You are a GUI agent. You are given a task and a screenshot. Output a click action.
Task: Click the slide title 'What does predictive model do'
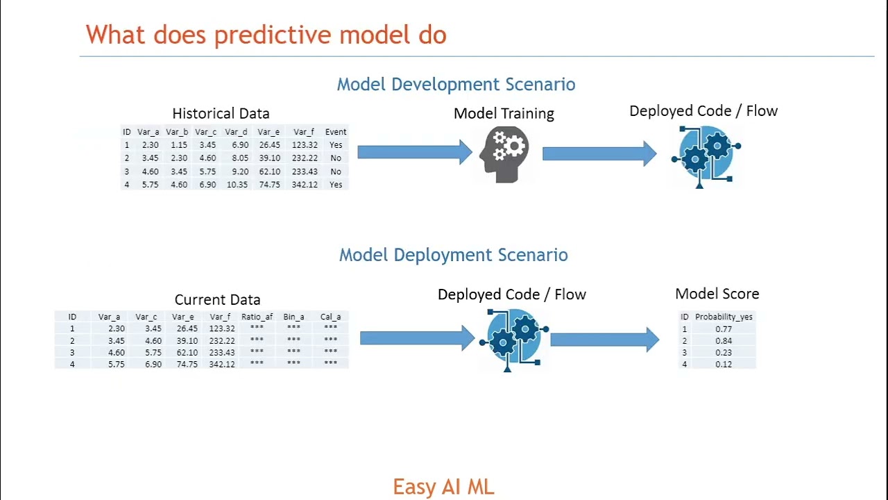pyautogui.click(x=266, y=35)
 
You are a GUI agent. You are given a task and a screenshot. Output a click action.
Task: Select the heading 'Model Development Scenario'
pyautogui.click(x=456, y=84)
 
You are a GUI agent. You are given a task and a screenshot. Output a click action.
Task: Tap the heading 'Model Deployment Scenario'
pyautogui.click(x=453, y=255)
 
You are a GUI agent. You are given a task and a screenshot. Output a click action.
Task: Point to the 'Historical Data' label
pyautogui.click(x=221, y=113)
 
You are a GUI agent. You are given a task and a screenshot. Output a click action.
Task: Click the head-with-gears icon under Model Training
pyautogui.click(x=504, y=154)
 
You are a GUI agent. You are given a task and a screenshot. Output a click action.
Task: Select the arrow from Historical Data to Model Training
pyautogui.click(x=415, y=151)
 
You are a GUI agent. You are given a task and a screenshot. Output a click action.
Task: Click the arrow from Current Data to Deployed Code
pyautogui.click(x=417, y=338)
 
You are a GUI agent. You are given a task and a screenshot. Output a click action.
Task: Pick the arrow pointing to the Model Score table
pyautogui.click(x=604, y=339)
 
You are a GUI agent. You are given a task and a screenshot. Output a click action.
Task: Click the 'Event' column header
pyautogui.click(x=336, y=132)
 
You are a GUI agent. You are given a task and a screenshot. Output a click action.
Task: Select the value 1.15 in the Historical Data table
pyautogui.click(x=179, y=145)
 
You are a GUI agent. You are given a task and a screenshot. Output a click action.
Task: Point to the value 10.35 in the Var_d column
pyautogui.click(x=237, y=185)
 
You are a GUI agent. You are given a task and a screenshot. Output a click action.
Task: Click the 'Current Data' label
pyautogui.click(x=217, y=300)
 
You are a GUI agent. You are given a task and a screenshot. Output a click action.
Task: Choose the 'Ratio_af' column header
pyautogui.click(x=257, y=317)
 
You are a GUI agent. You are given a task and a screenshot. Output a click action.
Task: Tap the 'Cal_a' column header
pyautogui.click(x=330, y=317)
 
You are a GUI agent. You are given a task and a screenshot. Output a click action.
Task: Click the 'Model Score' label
pyautogui.click(x=717, y=294)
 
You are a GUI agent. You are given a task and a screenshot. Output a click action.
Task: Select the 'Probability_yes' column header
pyautogui.click(x=724, y=317)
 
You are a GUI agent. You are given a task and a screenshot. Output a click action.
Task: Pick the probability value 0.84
pyautogui.click(x=724, y=341)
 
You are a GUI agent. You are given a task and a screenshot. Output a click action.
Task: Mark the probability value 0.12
pyautogui.click(x=724, y=365)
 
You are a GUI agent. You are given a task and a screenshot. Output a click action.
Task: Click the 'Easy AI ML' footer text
pyautogui.click(x=443, y=487)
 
